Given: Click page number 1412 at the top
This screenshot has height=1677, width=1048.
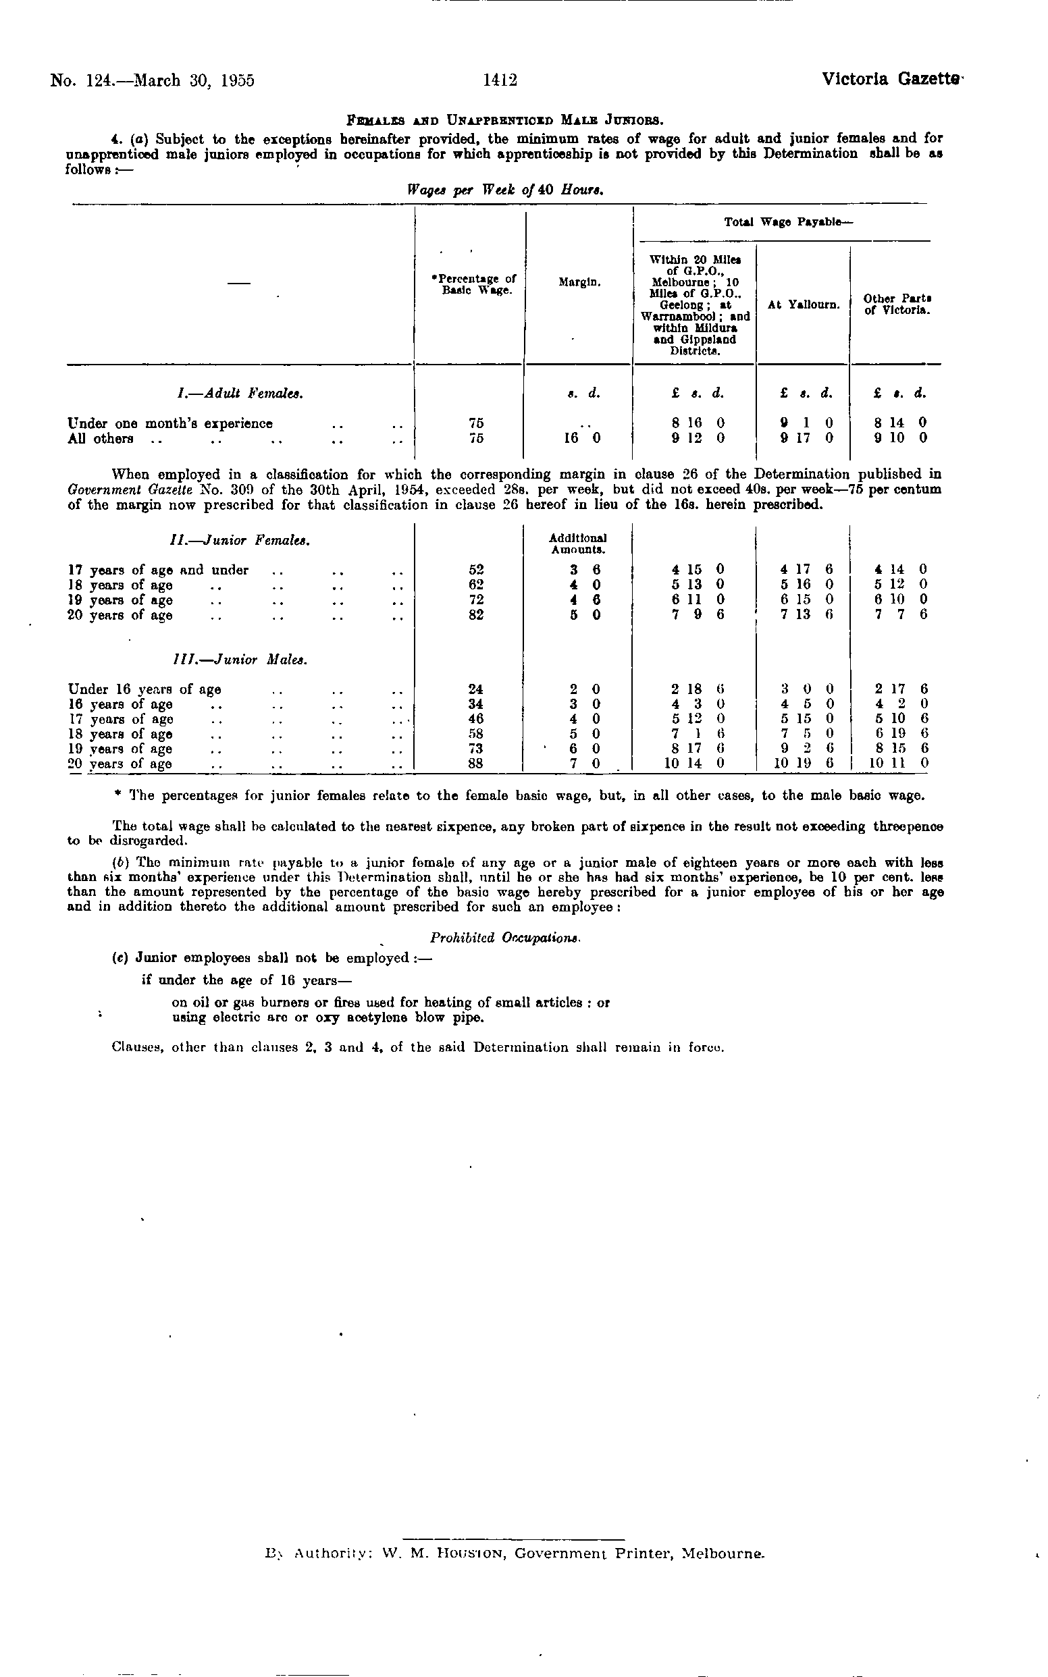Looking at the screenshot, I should point(500,81).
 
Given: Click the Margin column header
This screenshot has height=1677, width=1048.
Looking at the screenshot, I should point(579,283).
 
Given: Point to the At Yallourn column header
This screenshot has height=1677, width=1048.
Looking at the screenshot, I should point(804,304).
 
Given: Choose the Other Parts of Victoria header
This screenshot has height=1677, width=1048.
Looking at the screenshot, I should point(897,304).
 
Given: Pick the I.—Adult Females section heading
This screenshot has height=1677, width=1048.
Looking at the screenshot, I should point(240,394).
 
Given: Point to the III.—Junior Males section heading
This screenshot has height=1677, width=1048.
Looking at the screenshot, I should point(239,659).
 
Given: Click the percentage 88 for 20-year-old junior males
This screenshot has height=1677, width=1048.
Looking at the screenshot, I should point(475,764).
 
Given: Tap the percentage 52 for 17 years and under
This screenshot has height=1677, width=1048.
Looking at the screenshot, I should point(475,570).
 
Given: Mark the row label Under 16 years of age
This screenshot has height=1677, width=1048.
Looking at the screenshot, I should point(145,689).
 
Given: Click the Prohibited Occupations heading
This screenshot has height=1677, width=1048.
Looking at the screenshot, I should point(504,938).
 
